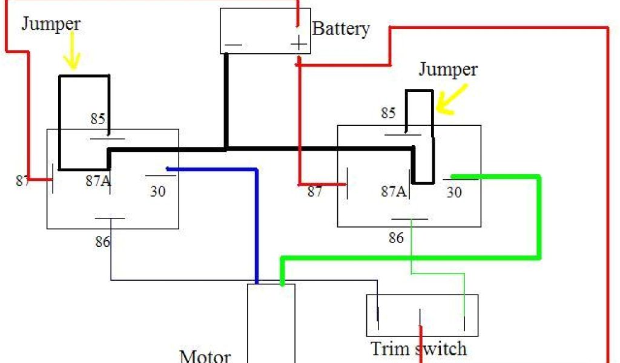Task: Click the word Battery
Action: coord(341,28)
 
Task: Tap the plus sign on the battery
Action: coord(298,43)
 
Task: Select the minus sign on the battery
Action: coord(233,45)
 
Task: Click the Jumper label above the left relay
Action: coord(51,24)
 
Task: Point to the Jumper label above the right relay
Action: coord(447,70)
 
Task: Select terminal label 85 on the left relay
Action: coord(97,119)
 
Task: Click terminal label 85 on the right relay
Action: coord(388,113)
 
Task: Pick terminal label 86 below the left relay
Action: coord(102,242)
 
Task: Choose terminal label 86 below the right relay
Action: coord(396,238)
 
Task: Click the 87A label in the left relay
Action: coord(97,180)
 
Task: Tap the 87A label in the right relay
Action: coord(393,192)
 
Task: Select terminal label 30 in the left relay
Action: coord(157,192)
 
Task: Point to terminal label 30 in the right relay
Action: coord(454,192)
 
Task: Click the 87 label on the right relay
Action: coord(315,192)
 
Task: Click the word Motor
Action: coord(205,355)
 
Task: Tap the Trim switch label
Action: coord(418,348)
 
